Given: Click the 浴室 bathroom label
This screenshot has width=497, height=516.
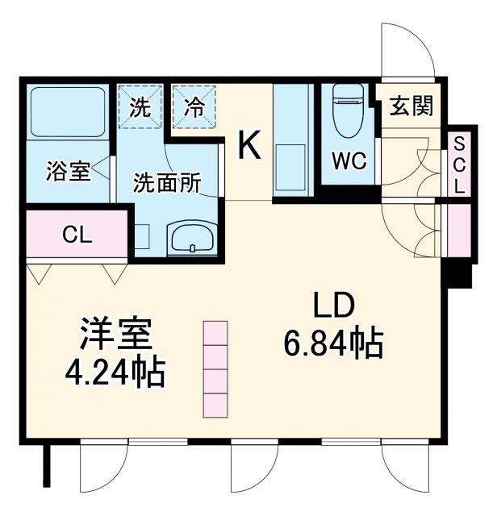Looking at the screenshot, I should pos(67,172).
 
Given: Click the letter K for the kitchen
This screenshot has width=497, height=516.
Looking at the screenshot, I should pos(249,147).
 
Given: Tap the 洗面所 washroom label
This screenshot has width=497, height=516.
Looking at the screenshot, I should pos(167,181).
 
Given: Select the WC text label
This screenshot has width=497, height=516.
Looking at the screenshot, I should pos(349,160).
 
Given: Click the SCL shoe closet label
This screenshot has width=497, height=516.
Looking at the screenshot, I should pos(459,164).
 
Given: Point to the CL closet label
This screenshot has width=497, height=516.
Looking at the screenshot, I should pos(77,235).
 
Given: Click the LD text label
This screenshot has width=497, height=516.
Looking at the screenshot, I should pos(334,307).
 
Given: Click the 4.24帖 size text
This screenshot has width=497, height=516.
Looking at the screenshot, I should pos(115,372).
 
